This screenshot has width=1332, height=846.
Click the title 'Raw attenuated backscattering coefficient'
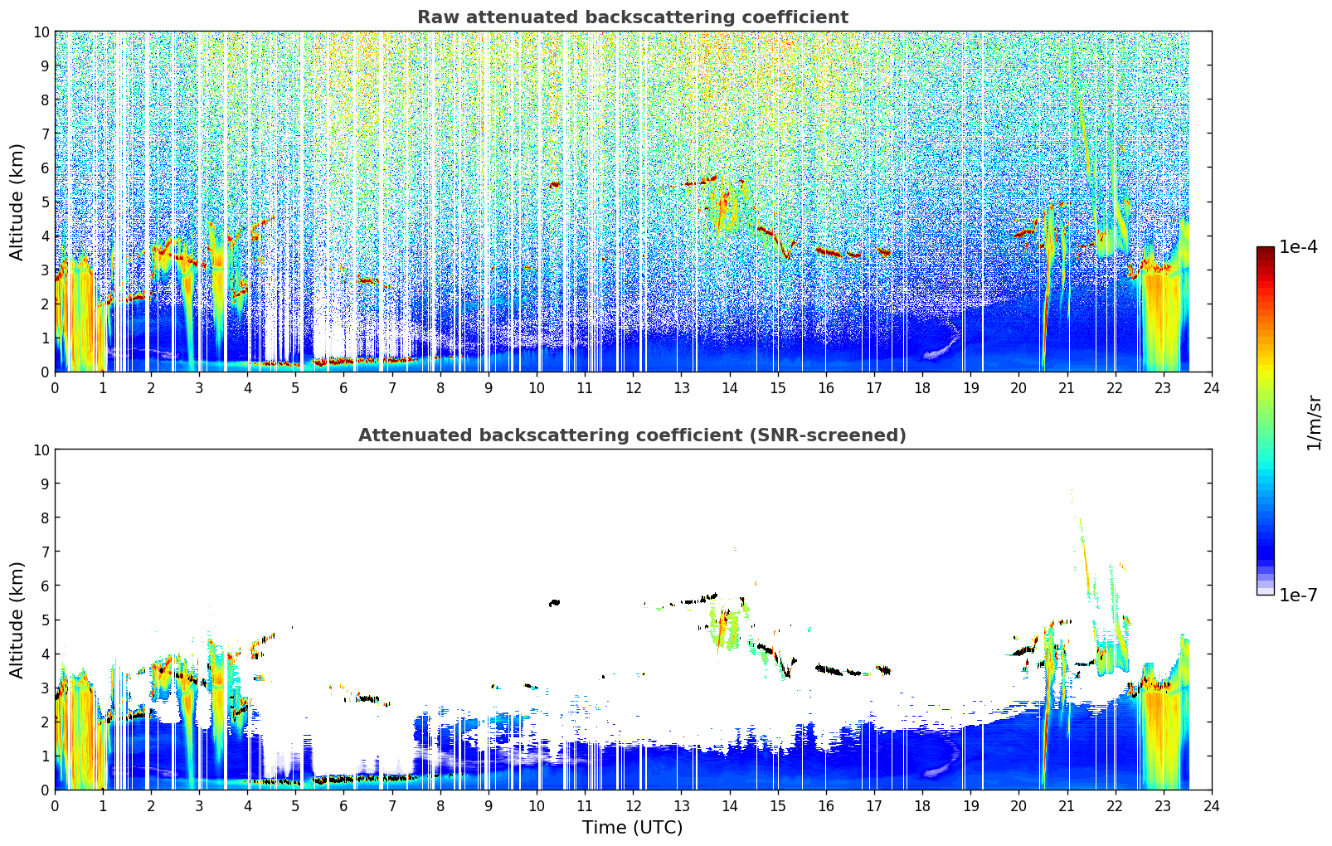633,17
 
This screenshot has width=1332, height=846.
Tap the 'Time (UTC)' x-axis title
633,827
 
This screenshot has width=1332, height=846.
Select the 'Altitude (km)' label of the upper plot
16,202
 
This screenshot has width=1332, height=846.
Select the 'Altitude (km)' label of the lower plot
16,620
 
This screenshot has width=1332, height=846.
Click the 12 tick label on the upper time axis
634,388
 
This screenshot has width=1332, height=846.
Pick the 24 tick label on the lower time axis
1211,806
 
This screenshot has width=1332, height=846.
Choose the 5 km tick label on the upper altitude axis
45,202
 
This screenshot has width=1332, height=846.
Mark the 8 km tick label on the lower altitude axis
45,518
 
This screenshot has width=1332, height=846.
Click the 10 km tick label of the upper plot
41,32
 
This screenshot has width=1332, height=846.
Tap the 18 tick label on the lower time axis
922,806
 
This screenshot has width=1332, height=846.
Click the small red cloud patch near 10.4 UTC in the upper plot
555,184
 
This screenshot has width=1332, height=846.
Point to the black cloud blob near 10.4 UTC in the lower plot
555,602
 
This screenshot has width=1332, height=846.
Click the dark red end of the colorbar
1266,250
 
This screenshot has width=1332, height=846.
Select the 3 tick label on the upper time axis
199,388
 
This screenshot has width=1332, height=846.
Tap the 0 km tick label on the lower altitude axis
45,790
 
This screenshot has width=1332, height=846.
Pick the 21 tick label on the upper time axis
1067,388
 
